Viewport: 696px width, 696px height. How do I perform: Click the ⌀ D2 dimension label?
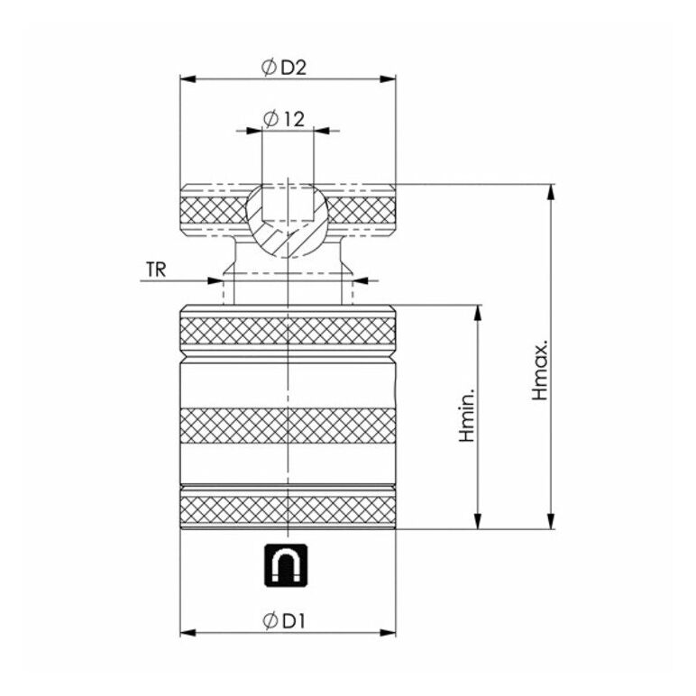tap(284, 68)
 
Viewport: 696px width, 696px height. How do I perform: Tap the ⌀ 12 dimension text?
tap(284, 119)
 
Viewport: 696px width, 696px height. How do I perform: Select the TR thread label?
tap(156, 270)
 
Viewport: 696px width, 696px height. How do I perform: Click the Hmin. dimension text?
tap(467, 416)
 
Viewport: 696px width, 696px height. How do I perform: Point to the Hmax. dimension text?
tap(540, 371)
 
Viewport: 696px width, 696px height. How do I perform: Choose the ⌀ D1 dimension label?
tap(284, 620)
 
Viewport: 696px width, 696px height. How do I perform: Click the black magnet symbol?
tap(287, 565)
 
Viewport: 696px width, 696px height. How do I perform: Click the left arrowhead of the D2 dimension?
tap(188, 79)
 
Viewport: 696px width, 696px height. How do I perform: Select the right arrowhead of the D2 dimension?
tap(388, 79)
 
